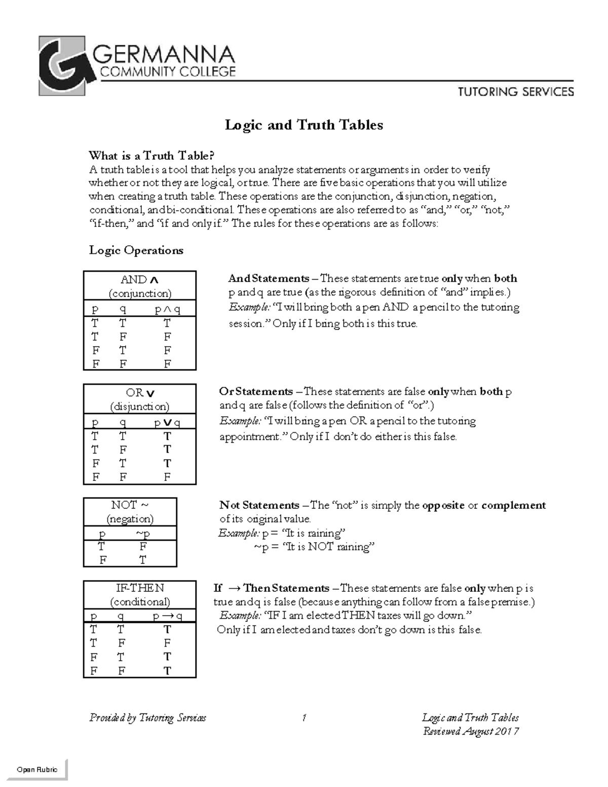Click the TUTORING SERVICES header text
point(516,92)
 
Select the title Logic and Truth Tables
point(303,125)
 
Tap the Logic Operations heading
point(136,250)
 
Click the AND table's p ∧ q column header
point(167,309)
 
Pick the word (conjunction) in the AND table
point(140,293)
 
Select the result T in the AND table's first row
point(167,323)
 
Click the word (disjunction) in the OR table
point(140,406)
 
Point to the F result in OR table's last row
point(167,477)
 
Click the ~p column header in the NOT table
point(142,534)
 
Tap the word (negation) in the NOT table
point(130,519)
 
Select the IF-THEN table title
point(140,588)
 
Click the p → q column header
point(167,616)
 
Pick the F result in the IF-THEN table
point(167,643)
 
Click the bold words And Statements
point(269,278)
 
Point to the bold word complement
point(513,505)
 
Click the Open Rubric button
point(37,769)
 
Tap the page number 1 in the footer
point(304,718)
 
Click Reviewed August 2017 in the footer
point(471,731)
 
